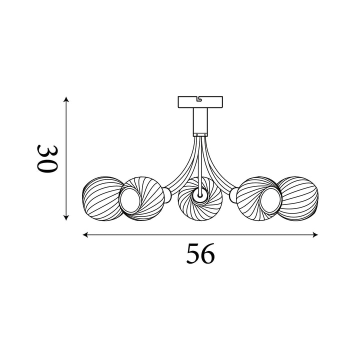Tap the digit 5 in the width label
click(x=193, y=253)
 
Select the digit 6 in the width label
click(x=208, y=253)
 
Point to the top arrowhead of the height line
click(x=66, y=99)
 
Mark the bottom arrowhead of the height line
click(x=66, y=217)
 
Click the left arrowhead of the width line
click(x=85, y=234)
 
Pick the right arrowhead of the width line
click(x=315, y=234)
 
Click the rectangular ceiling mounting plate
click(x=200, y=102)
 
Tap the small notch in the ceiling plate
click(x=199, y=98)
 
